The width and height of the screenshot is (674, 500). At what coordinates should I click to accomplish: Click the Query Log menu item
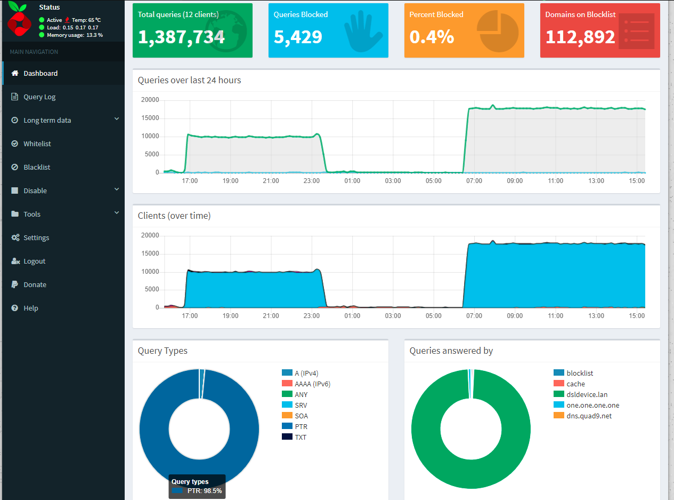coord(39,97)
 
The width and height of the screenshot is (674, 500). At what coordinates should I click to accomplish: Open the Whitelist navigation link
coord(37,144)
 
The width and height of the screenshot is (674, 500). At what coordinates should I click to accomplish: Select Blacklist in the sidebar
coord(37,168)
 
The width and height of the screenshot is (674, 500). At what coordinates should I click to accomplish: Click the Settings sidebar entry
coord(36,238)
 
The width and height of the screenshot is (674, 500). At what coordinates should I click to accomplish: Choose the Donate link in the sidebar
coord(35,285)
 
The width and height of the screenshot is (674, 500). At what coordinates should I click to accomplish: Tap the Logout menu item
coord(34,261)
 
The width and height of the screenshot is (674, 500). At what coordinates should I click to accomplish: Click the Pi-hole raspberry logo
coord(20,19)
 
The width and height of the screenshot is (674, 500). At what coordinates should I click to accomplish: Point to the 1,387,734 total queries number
coord(181,37)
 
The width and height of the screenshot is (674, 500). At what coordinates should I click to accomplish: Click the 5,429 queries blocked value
coord(298,37)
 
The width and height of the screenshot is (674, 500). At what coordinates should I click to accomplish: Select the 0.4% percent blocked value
coord(432,37)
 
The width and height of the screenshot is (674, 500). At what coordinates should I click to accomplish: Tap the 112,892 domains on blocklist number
coord(580,37)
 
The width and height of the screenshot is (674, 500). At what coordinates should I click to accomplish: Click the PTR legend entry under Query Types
coord(301,427)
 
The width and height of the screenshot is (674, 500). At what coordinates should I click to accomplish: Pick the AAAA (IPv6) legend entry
coord(313,384)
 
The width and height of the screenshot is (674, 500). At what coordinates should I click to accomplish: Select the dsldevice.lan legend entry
coord(587,395)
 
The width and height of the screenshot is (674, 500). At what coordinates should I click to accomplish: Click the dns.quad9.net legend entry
coord(589,416)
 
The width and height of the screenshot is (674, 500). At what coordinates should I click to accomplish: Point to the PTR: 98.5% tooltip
coord(197,487)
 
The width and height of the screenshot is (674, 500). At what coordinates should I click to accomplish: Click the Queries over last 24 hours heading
coord(189,81)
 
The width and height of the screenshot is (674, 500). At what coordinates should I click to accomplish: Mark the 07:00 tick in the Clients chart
coord(474,316)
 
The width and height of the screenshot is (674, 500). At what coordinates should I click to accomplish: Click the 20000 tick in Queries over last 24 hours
coord(150,100)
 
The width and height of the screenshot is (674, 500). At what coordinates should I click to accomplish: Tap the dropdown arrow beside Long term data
coord(117,120)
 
